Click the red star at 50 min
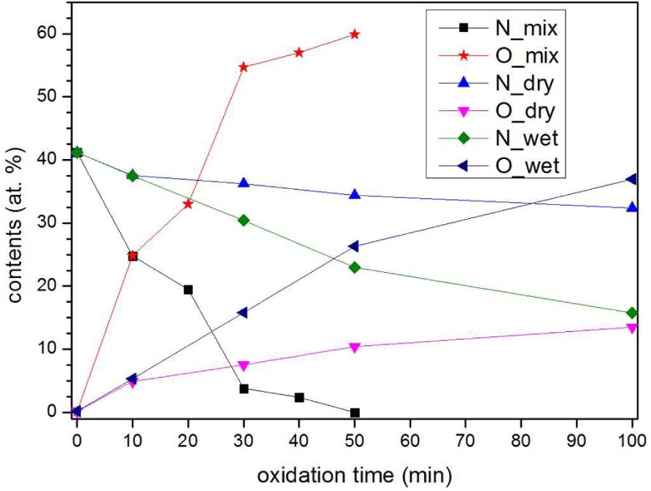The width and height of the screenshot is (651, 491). (x=355, y=34)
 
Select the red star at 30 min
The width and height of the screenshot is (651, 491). (x=244, y=67)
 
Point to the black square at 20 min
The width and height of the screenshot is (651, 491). (x=188, y=290)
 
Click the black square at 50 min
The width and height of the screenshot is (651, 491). (x=355, y=412)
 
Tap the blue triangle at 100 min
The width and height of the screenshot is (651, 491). (x=632, y=207)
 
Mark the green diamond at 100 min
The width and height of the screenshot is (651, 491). (x=632, y=313)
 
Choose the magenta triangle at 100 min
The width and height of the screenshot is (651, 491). (x=632, y=328)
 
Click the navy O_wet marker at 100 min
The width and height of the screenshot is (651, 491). (x=632, y=179)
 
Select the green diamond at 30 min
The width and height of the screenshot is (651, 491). (x=244, y=220)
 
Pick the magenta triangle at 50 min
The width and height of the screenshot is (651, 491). (x=355, y=347)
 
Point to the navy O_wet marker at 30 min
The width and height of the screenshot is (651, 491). (x=243, y=312)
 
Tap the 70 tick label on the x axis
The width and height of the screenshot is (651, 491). (x=466, y=441)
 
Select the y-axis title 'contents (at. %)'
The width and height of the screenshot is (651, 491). (x=15, y=223)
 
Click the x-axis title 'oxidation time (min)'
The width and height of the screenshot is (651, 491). (x=354, y=476)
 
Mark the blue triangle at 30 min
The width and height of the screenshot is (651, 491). (x=244, y=183)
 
